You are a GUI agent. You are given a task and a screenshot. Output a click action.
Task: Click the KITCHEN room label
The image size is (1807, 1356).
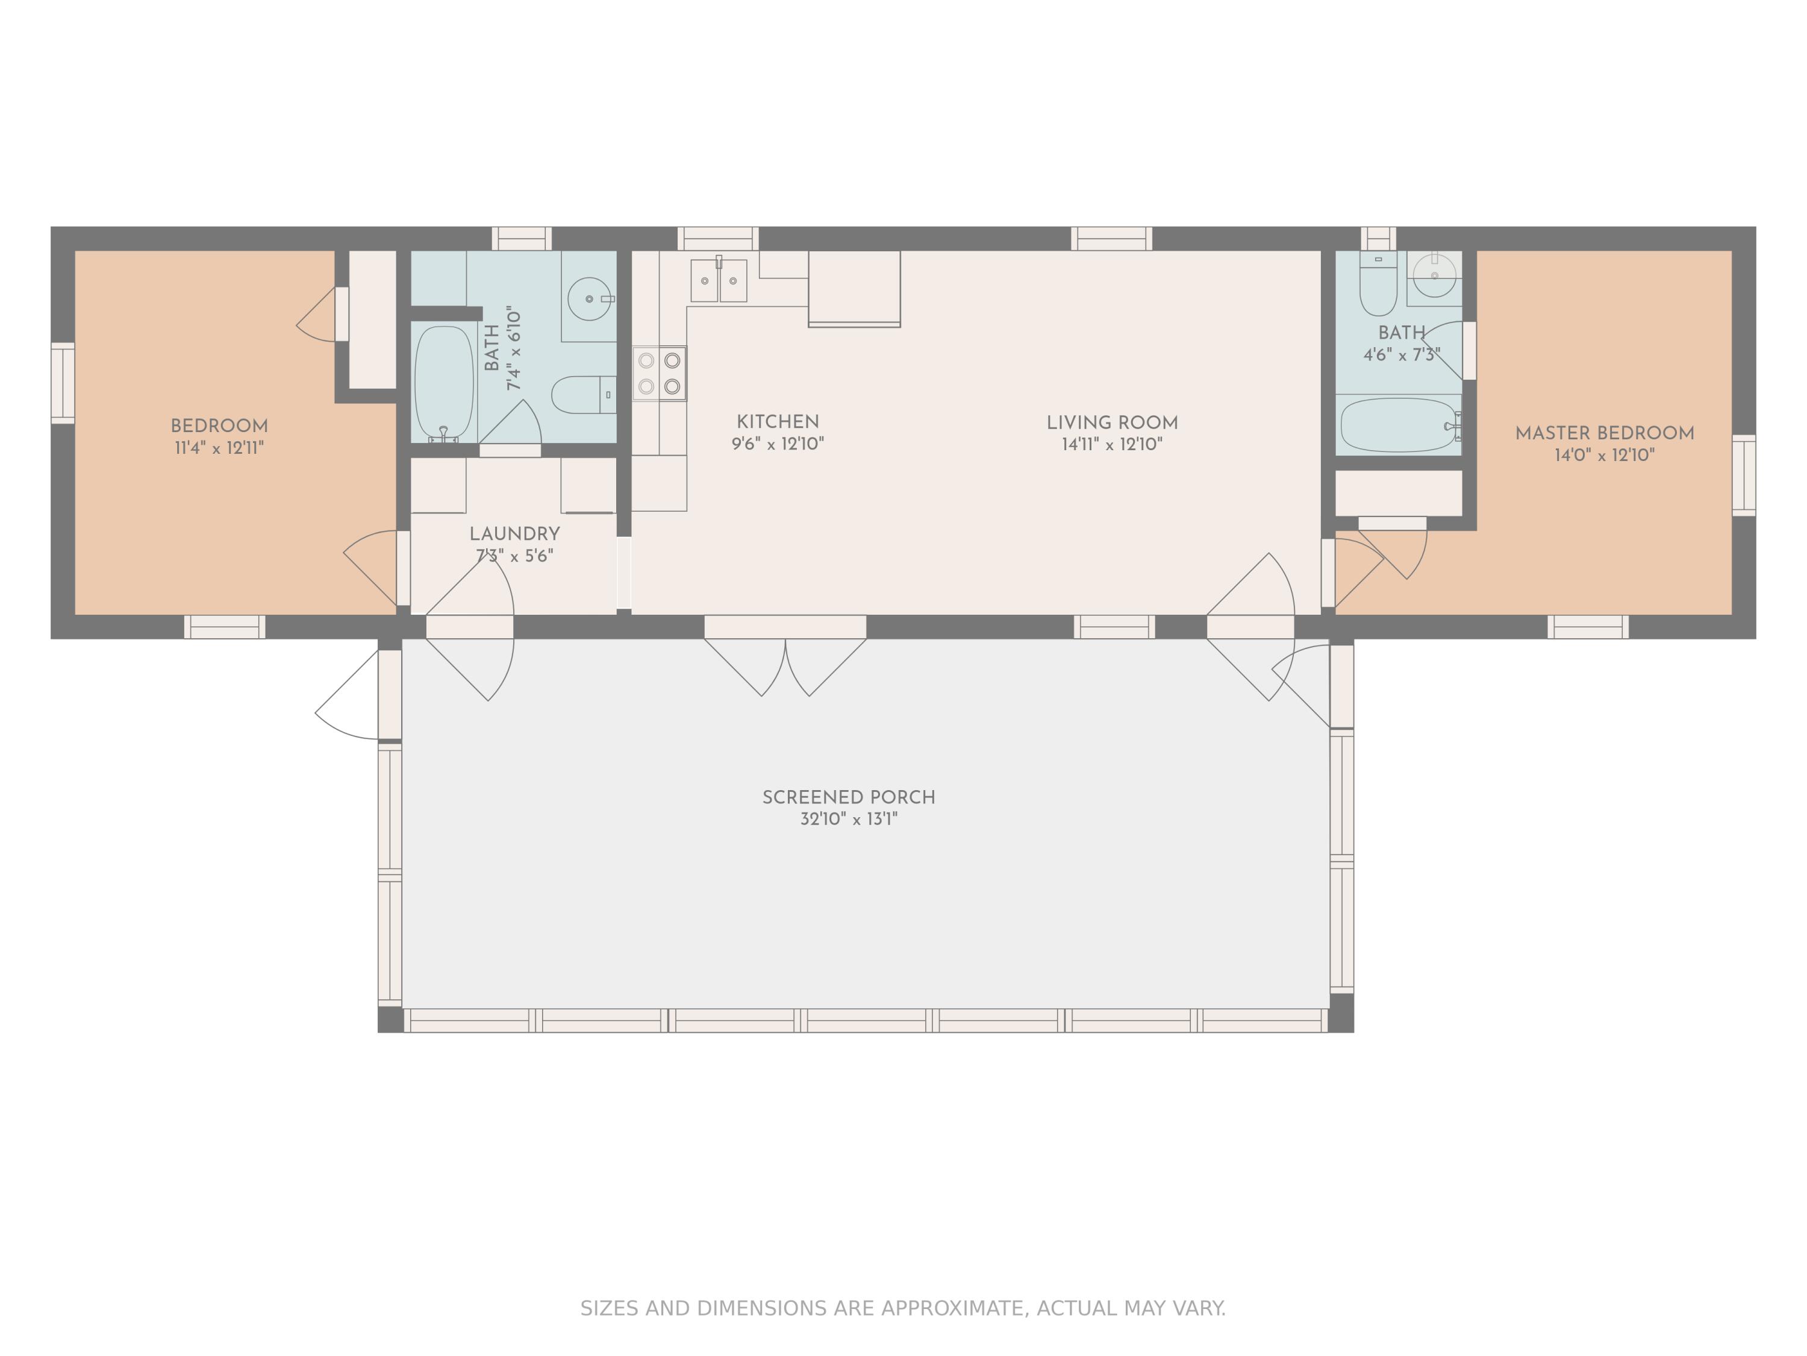(777, 422)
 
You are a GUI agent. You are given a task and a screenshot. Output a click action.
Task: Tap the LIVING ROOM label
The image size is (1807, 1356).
(1112, 422)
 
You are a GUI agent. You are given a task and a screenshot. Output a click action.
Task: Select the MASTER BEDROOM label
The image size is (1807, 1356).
(1605, 433)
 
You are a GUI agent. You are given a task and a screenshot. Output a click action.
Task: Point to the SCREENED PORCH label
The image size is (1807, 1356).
(849, 797)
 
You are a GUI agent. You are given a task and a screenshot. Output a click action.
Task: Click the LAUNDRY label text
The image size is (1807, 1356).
(514, 534)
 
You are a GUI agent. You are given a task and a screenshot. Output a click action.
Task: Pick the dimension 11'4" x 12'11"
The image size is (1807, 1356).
(219, 448)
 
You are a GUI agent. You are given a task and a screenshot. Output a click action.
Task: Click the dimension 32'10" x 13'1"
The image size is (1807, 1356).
(849, 819)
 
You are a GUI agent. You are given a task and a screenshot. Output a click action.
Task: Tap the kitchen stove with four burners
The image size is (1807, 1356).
(659, 374)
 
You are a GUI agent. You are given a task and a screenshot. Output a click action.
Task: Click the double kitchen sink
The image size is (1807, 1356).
(719, 280)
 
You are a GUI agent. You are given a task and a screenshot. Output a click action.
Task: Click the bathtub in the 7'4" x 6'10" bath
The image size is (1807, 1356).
(443, 384)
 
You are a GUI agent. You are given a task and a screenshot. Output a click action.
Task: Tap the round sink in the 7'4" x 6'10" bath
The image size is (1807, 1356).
(589, 299)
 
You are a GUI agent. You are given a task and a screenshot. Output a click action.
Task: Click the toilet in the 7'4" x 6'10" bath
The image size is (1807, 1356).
(583, 395)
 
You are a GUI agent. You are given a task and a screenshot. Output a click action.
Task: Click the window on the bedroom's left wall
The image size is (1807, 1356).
(63, 383)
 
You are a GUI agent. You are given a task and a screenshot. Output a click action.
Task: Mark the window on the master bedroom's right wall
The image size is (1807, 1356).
(1744, 475)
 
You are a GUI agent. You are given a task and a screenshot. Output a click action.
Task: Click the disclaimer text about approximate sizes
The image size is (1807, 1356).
(903, 1308)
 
